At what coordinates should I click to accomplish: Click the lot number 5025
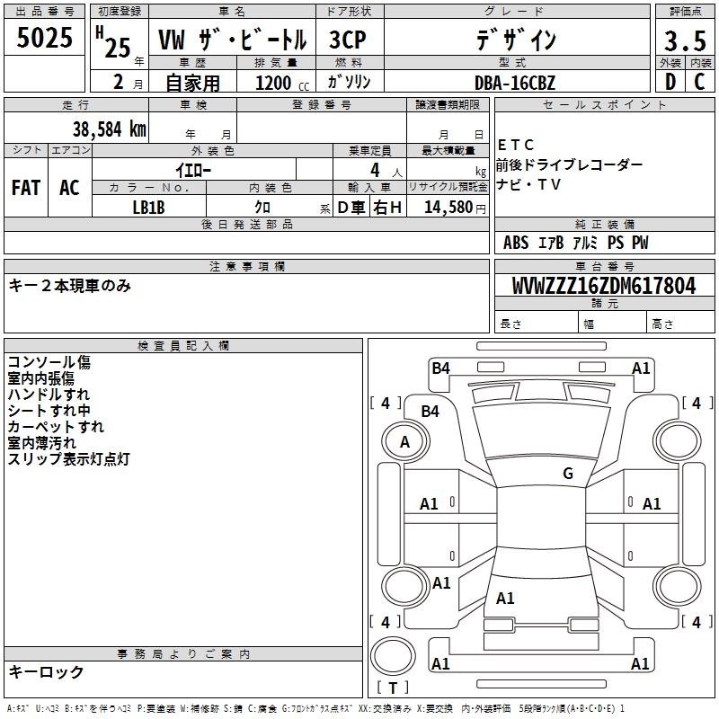coord(45,40)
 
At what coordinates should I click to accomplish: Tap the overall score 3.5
coord(683,41)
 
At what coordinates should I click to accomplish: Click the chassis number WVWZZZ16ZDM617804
coord(604,287)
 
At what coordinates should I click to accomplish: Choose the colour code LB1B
coord(149,207)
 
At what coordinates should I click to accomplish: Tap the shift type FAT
coord(26,188)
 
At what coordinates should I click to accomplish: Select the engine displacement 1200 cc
coord(275,83)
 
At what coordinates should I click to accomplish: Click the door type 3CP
coord(348,40)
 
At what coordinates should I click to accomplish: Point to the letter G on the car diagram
coord(568,474)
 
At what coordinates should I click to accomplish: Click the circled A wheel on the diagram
coord(404,441)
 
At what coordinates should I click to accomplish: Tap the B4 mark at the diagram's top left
coord(440,368)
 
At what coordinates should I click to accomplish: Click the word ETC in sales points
coord(516,146)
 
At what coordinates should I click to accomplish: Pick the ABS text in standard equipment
coord(516,243)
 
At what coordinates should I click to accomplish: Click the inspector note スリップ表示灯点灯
coord(69,459)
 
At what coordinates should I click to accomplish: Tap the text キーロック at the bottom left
coord(46,672)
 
